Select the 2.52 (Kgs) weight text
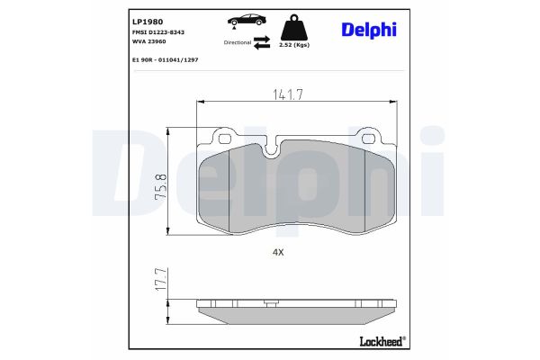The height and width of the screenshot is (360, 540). click(294, 43)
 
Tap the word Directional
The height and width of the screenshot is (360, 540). click(238, 42)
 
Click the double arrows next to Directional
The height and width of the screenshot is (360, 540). click(262, 41)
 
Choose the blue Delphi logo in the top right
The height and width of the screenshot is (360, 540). click(368, 30)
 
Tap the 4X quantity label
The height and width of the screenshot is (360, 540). click(278, 253)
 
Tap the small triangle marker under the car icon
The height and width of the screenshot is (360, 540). click(235, 31)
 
